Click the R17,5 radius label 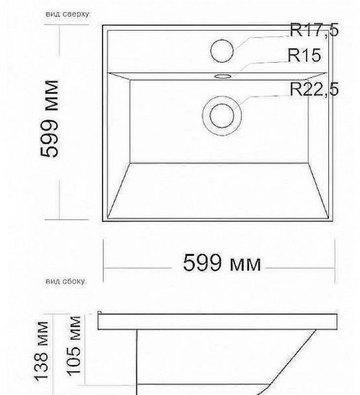point(314,31)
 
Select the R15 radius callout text point(304,55)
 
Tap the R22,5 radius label point(314,90)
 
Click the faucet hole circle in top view point(222,50)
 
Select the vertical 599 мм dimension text point(51,119)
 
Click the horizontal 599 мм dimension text point(222,263)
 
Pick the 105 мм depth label point(75,345)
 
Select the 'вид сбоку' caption point(65,282)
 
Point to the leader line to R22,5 point(266,96)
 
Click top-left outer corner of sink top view point(103,25)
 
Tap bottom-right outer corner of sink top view point(335,221)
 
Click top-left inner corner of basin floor point(130,80)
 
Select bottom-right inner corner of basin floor point(309,163)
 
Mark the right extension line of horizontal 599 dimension point(335,261)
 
